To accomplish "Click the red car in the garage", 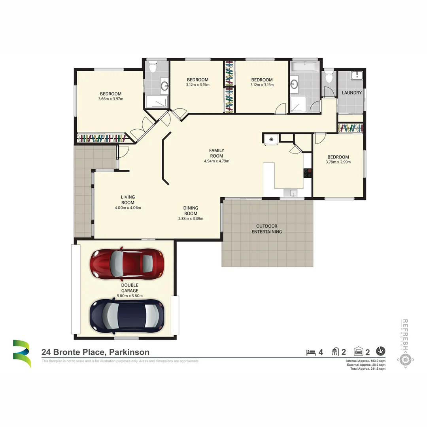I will coord(127,263).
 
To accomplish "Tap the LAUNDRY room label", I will coord(351,93).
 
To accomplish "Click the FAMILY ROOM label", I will coord(217,153).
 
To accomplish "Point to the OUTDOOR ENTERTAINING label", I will coord(267,229).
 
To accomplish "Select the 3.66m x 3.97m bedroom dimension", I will coord(111,99).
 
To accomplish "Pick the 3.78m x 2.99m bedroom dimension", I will coord(338,162).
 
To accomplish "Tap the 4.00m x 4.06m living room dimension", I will coord(128,208).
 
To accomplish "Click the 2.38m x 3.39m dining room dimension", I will coord(191,218).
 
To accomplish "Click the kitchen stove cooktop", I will coord(308,173).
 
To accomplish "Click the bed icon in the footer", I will coord(311,351).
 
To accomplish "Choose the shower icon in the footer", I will coord(335,351).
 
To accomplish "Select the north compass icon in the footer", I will coord(380,351).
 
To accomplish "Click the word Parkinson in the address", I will coord(129,352).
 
